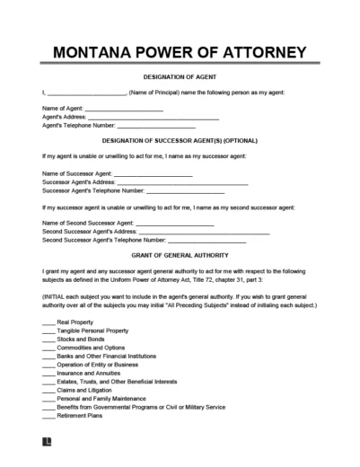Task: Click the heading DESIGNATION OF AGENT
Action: [180, 78]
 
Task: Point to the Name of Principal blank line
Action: [85, 93]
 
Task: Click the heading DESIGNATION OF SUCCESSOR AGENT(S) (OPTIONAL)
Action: [180, 142]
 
